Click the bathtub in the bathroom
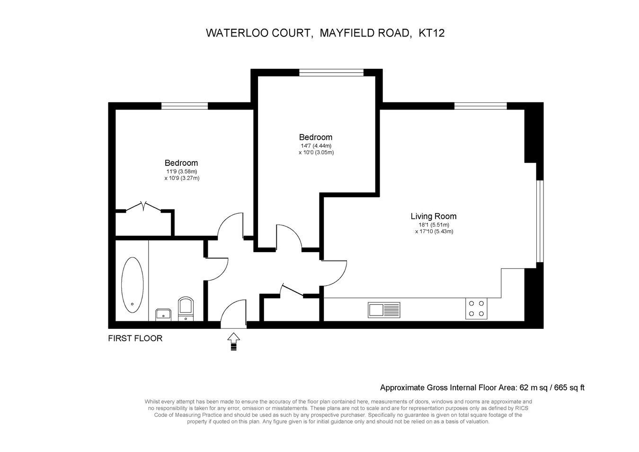click(133, 285)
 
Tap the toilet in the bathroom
click(186, 308)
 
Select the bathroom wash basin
click(163, 315)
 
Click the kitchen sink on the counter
click(384, 310)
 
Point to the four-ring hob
click(476, 308)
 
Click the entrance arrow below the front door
click(234, 341)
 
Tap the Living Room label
click(434, 216)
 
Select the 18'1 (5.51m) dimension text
click(434, 225)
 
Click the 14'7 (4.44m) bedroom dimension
click(316, 146)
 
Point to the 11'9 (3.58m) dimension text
click(182, 172)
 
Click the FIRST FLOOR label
click(135, 338)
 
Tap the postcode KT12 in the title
click(432, 33)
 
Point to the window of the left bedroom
click(185, 106)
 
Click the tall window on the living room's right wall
click(540, 221)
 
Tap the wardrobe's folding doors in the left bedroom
click(143, 206)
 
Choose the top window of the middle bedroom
click(331, 72)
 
